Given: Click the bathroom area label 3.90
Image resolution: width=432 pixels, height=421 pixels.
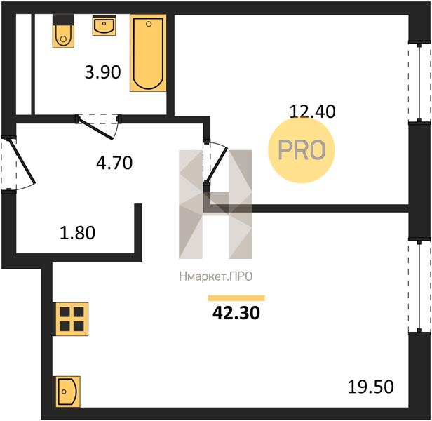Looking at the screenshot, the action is pos(103,72).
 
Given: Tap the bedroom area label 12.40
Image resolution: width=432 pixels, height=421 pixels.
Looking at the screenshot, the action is pos(313,112).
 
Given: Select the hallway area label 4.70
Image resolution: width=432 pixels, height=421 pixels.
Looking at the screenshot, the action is pos(114,163).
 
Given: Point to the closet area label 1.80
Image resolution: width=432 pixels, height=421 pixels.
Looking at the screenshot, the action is pos(77,232).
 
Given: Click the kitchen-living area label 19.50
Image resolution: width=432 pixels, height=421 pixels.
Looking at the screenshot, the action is pos(370,387).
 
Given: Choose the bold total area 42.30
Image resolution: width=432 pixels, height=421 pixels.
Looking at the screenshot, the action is pos(236,313).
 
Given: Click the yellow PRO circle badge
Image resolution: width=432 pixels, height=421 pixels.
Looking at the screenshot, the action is pos(302,150).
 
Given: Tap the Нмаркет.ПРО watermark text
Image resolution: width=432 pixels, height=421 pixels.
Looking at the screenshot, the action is pos(216,276).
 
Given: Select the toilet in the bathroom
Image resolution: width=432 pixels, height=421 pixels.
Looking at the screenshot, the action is pos(63,31).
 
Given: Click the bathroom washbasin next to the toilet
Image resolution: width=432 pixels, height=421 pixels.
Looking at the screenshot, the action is pos(104,25).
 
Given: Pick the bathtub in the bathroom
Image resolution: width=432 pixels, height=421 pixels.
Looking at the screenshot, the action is pos(148,53).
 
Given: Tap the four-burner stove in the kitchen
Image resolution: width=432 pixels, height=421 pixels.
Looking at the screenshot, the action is pos(72,319).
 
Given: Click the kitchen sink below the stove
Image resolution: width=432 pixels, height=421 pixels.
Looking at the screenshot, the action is pos(68,392).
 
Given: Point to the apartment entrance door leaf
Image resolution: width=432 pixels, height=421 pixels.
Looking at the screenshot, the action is pos(22,161).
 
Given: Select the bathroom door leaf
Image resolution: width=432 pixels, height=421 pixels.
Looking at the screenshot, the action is pos(96,129).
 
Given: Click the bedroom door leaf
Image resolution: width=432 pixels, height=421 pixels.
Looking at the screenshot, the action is pos(217,166).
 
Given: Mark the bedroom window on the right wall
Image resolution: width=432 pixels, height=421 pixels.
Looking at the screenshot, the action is pos(419,82).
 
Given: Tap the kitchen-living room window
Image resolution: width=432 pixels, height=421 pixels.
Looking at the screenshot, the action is pos(419,287).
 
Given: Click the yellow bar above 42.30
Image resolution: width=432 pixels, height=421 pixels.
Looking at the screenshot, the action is pos(236,298).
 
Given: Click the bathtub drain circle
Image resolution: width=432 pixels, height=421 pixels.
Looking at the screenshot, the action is pos(149,24).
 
